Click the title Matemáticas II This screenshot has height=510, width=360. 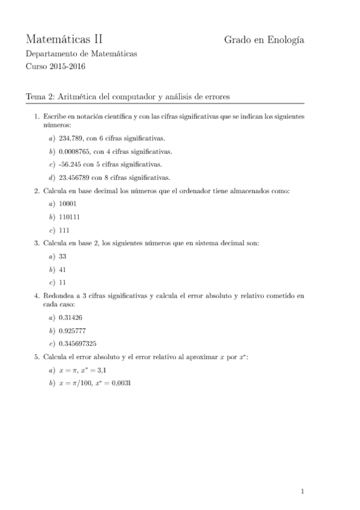[64, 40]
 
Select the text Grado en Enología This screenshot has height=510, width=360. [264, 40]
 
